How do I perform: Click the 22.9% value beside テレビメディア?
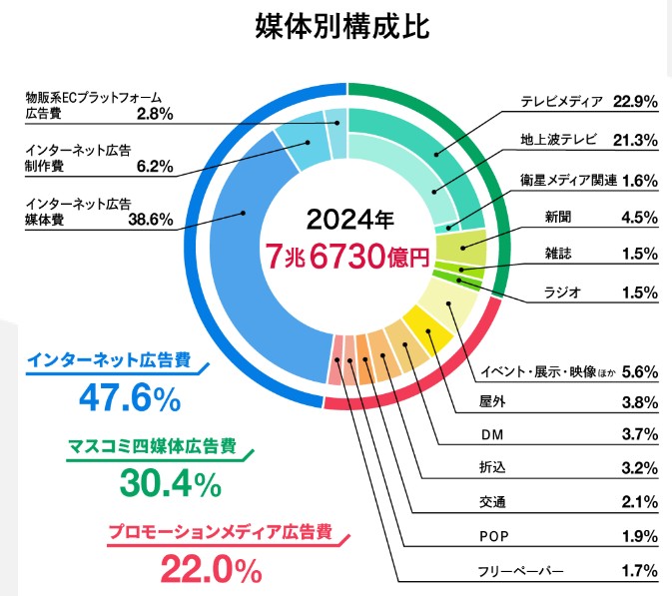coord(635,101)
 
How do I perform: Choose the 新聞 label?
coord(558,217)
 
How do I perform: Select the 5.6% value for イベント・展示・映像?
coord(638,371)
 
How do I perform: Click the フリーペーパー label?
coord(523,571)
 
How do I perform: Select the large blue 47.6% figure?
coord(129,398)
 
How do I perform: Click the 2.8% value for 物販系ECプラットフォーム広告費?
coord(155,114)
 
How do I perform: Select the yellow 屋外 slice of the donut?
coord(427,332)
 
